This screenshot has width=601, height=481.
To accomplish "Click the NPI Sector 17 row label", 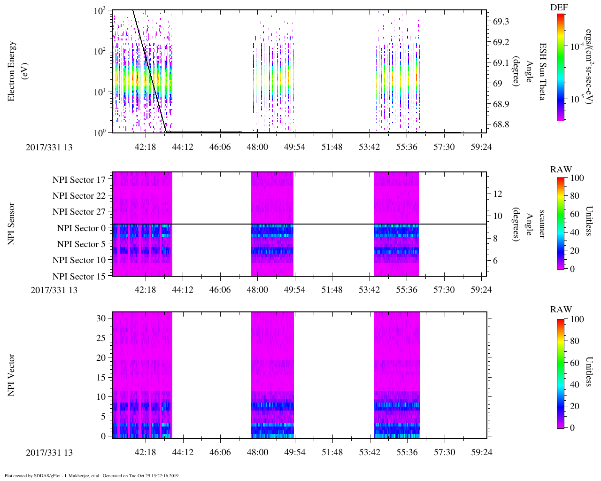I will (x=79, y=180).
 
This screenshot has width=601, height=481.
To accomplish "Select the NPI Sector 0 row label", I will (x=81, y=228).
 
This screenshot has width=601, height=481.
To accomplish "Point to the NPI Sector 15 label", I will (x=79, y=277).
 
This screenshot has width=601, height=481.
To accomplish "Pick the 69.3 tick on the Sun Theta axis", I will (x=501, y=22).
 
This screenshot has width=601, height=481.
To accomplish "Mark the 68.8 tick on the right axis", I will (x=501, y=125).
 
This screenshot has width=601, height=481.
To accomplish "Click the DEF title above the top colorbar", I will (x=559, y=8).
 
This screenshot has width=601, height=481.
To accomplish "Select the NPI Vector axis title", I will (x=12, y=375).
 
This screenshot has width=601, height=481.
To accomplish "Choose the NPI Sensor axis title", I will (x=12, y=224).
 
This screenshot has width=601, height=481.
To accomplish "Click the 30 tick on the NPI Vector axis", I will (x=102, y=318).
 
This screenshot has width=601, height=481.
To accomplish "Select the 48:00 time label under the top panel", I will (x=257, y=147).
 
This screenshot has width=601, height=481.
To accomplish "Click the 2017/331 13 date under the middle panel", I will (x=54, y=290).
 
